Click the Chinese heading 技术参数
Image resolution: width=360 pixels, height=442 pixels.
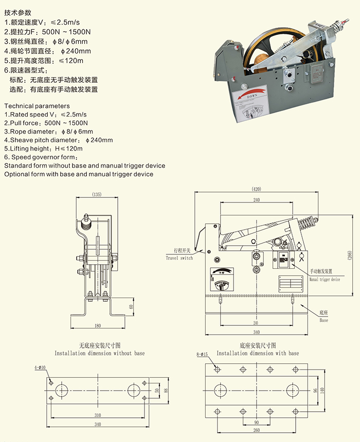point(17,12)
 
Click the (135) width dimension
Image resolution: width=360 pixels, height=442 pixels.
point(96,195)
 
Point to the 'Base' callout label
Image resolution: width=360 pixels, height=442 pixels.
point(323,320)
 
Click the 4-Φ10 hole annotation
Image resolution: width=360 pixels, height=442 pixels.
point(40,367)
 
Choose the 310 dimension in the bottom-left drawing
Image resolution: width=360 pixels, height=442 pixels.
point(97,414)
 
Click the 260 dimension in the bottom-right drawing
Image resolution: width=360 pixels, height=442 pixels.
point(256,430)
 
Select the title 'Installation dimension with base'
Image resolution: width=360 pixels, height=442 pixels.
point(258,354)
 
